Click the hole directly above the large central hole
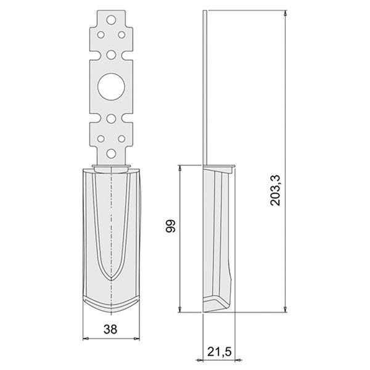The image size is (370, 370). point(112,54)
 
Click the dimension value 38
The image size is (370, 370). point(112,331)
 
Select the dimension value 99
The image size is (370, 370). point(171,227)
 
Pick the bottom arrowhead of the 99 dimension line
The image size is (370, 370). point(179,310)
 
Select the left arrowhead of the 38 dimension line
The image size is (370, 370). point(85,338)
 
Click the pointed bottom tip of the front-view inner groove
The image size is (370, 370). point(112,281)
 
